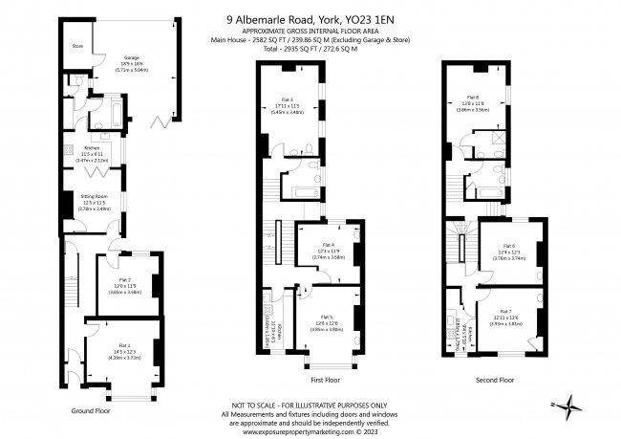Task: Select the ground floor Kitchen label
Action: click(x=93, y=148)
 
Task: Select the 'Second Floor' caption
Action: click(x=494, y=380)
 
